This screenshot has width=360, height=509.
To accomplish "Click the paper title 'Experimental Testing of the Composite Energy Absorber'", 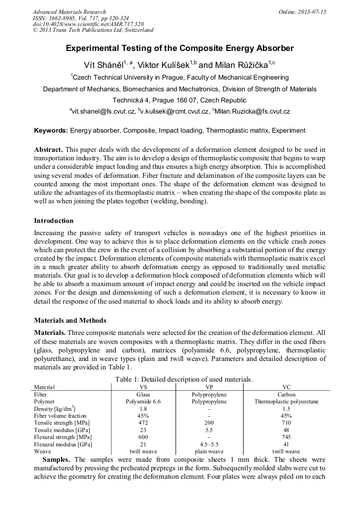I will point(179,48).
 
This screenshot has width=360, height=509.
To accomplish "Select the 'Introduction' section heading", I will point(54,221).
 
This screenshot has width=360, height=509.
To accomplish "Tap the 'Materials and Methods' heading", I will point(70,321).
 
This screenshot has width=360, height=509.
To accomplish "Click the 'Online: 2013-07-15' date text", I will point(302,12).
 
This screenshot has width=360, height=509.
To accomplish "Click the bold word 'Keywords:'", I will point(51,131).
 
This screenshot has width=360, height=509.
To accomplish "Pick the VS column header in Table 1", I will point(143,387).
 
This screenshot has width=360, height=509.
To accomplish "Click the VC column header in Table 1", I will point(286,387).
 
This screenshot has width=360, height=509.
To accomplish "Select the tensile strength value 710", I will point(286,422).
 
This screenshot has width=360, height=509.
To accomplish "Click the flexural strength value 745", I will point(286,436).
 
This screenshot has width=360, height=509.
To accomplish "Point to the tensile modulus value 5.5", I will point(209,429).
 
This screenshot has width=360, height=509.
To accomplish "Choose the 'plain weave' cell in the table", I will point(209,451).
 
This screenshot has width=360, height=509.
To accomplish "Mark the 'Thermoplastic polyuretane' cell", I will point(286,402).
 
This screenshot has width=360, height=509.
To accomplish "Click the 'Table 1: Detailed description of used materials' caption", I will point(179,379).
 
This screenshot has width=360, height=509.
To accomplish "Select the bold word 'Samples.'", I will point(57,459).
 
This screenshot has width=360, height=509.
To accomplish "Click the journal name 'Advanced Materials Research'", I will point(69,12).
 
